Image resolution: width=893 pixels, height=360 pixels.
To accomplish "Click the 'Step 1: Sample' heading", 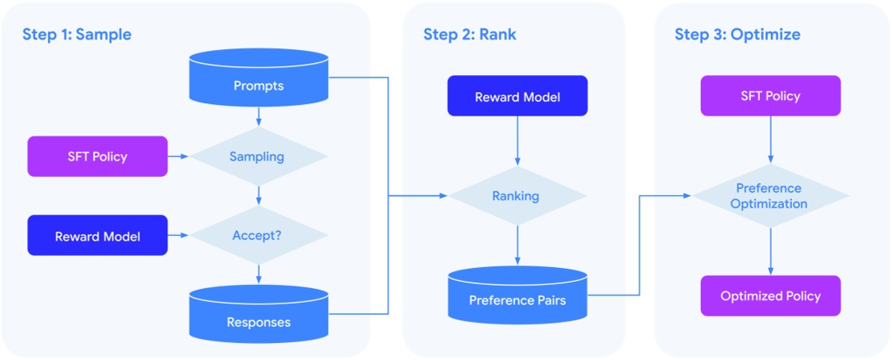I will (x=77, y=35).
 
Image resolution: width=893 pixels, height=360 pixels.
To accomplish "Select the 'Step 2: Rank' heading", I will (x=470, y=35).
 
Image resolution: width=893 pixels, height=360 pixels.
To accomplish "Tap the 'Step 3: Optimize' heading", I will (x=737, y=35).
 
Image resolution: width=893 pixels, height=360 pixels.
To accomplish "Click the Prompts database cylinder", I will (x=258, y=81).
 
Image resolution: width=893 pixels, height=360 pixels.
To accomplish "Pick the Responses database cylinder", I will (x=258, y=316).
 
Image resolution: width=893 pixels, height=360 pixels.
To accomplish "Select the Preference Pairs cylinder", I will (x=518, y=296).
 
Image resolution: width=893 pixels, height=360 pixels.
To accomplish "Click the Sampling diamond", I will (x=258, y=157).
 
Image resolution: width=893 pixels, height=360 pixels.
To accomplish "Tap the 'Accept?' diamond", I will (x=258, y=236).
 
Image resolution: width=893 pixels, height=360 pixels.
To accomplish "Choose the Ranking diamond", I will (x=518, y=196).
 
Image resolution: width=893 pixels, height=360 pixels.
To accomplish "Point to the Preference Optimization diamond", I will (x=769, y=196).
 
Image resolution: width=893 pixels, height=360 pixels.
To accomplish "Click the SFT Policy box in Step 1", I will (x=98, y=157).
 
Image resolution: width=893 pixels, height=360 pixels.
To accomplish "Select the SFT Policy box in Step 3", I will (x=769, y=96).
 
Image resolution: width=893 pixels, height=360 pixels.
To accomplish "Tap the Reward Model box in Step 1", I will (x=98, y=236).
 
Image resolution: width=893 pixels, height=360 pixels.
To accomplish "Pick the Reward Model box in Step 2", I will (x=518, y=96).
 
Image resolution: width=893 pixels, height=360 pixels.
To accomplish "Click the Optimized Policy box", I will (x=769, y=295).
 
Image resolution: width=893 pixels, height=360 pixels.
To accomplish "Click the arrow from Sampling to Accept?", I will (x=258, y=195).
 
